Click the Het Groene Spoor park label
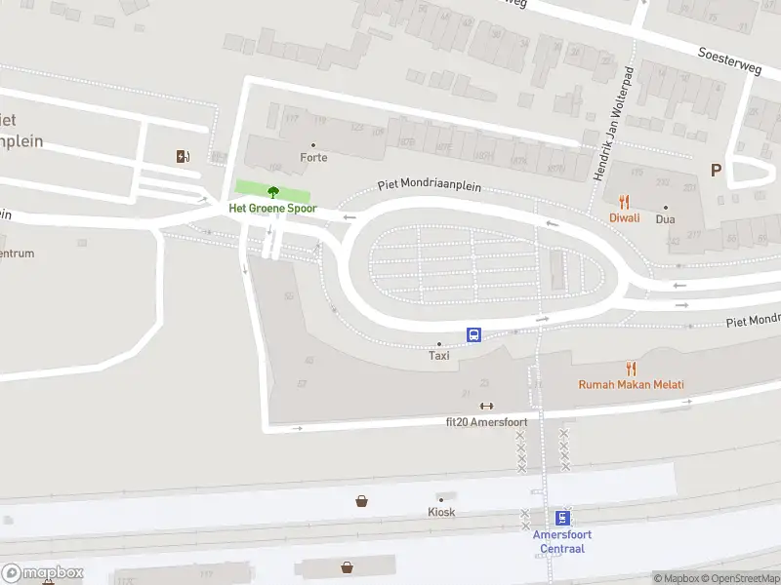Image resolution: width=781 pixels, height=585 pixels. point(272,209)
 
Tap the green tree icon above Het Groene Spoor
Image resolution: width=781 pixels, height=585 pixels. point(272,192)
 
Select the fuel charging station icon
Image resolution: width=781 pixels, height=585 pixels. point(183,156)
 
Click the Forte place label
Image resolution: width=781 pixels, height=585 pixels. point(313,158)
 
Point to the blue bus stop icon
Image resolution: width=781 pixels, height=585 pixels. point(473,334)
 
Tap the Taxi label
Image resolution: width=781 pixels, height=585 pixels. point(439,356)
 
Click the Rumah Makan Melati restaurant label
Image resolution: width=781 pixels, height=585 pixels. point(631,385)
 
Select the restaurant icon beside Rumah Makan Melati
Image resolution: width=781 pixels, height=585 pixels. point(631,369)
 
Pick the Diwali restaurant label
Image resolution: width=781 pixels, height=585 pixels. point(625,218)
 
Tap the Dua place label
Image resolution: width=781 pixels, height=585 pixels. point(667,218)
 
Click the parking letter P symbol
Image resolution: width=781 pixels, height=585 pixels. point(716,171)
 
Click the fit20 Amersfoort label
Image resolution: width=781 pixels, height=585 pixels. point(486,422)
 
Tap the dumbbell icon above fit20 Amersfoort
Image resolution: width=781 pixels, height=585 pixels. point(486,407)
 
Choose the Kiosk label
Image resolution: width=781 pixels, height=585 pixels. point(441,512)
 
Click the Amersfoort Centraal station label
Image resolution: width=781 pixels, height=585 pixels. point(561,541)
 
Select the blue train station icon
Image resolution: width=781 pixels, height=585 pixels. point(562,518)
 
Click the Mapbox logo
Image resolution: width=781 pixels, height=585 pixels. point(43,573)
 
